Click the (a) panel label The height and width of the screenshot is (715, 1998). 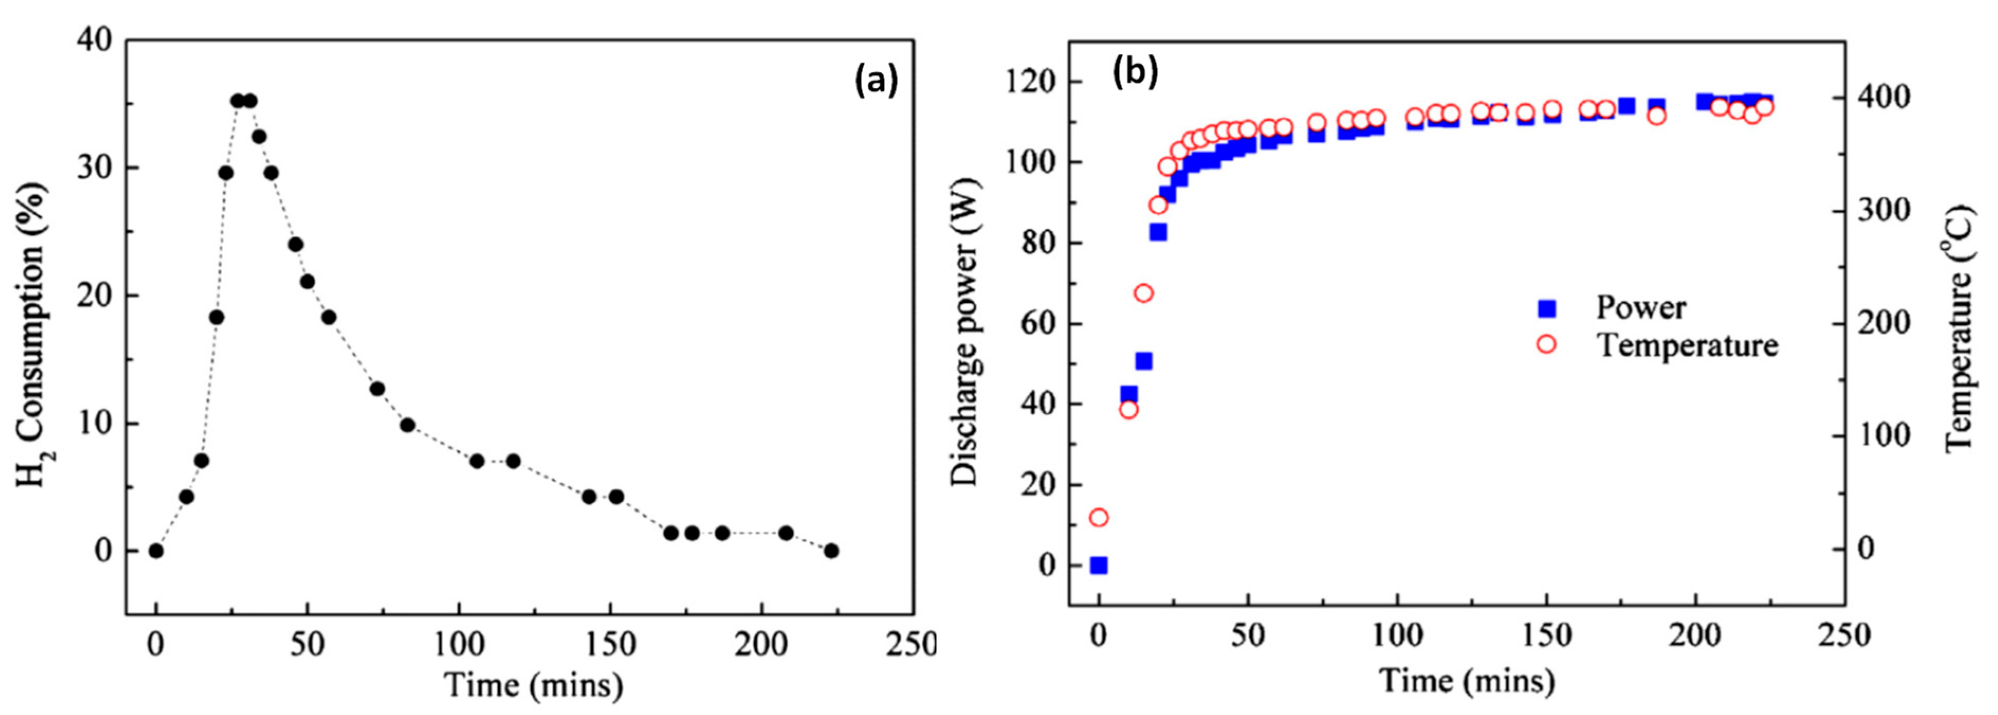876,81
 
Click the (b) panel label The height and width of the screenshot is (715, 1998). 1135,72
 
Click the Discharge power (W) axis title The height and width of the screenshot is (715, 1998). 965,332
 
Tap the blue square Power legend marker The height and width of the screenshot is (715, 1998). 1548,309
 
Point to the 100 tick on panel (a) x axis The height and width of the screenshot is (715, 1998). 458,644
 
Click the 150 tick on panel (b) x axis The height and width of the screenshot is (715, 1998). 1546,636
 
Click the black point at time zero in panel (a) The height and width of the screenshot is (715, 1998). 156,551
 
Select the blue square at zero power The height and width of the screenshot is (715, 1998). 1098,565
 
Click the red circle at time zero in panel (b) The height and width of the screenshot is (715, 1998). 1098,517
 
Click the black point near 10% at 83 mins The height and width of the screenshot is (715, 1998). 407,425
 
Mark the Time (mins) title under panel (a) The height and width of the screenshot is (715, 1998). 533,685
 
